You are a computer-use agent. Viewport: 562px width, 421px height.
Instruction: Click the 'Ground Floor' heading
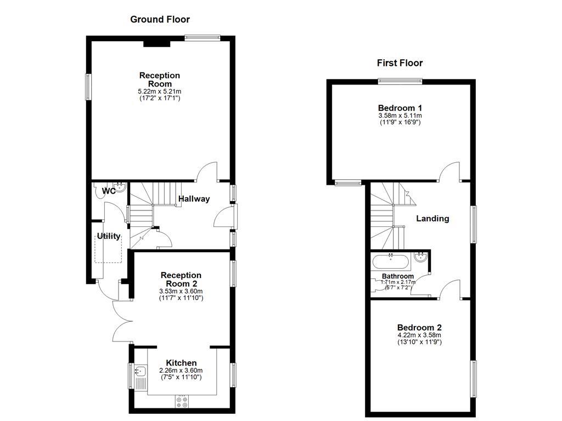tap(160, 19)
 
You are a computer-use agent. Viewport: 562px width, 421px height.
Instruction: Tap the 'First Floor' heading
tap(400, 63)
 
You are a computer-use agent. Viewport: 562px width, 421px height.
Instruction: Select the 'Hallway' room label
tap(193, 199)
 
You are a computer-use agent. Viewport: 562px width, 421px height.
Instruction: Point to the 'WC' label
tap(109, 191)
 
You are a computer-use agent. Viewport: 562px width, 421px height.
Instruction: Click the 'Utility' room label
tap(109, 236)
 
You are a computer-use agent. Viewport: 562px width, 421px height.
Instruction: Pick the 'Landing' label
tap(432, 218)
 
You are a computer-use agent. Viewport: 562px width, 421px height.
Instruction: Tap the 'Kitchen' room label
tap(181, 363)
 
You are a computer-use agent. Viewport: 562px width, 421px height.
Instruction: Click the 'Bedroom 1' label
tap(400, 108)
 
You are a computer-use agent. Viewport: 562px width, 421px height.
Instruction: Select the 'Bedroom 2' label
tap(419, 327)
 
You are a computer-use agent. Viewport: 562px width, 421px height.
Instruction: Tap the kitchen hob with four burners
tap(182, 402)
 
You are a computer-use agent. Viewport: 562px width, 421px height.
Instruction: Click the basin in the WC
tap(121, 188)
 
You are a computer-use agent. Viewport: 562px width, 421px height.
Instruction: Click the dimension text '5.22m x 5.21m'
tap(160, 91)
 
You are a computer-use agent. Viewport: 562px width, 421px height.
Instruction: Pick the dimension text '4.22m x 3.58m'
tap(419, 335)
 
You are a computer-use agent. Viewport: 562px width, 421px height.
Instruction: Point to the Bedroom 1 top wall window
tap(400, 81)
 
